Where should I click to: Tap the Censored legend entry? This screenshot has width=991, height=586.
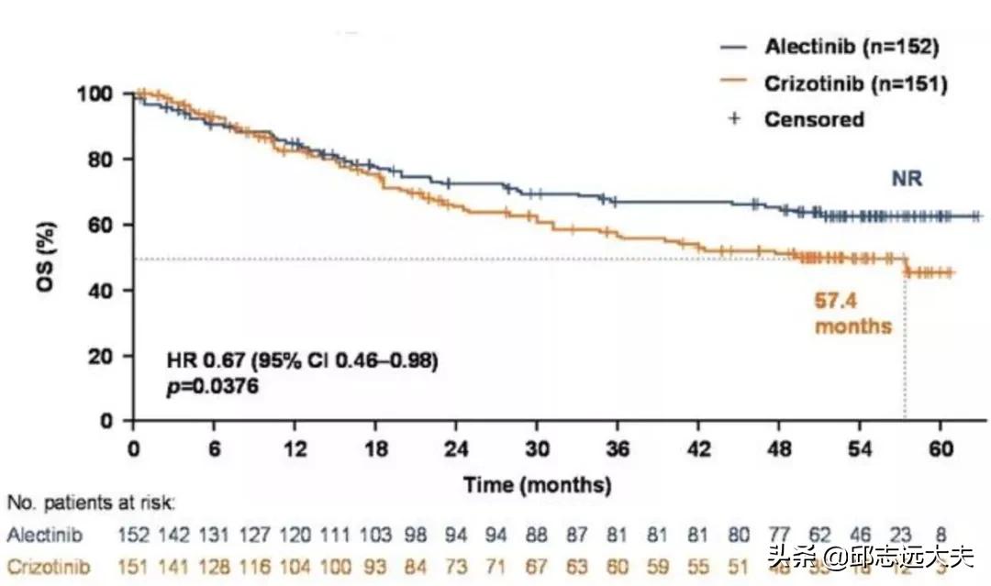click(x=814, y=119)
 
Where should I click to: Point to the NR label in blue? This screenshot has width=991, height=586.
click(x=907, y=180)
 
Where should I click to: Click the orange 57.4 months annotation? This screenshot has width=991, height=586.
click(x=852, y=312)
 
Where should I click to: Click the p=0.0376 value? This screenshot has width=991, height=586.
click(x=212, y=387)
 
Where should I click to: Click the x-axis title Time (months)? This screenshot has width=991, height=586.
click(x=537, y=483)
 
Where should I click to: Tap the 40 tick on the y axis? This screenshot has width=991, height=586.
click(x=105, y=291)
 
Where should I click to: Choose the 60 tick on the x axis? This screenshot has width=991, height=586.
click(x=941, y=449)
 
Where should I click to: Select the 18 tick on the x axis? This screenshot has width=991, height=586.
click(x=375, y=449)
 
